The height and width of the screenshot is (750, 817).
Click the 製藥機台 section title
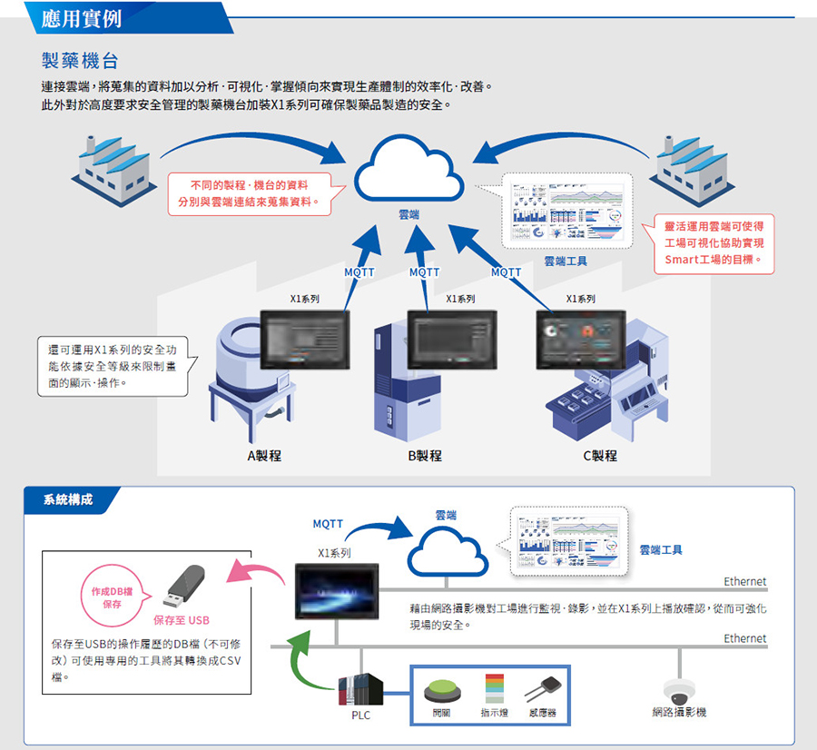[x=80, y=61]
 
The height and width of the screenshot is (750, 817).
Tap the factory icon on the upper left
[x=112, y=172]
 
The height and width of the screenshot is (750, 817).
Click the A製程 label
[x=264, y=455]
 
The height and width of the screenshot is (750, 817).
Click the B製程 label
[x=425, y=455]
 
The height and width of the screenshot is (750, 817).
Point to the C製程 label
[x=599, y=455]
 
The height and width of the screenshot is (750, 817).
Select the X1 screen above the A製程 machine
[x=305, y=340]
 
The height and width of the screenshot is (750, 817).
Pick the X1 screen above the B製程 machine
[x=451, y=339]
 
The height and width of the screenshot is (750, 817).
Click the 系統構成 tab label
[x=68, y=498]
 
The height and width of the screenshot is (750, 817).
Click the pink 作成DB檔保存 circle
[x=113, y=597]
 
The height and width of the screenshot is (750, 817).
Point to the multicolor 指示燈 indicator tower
[x=494, y=687]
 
